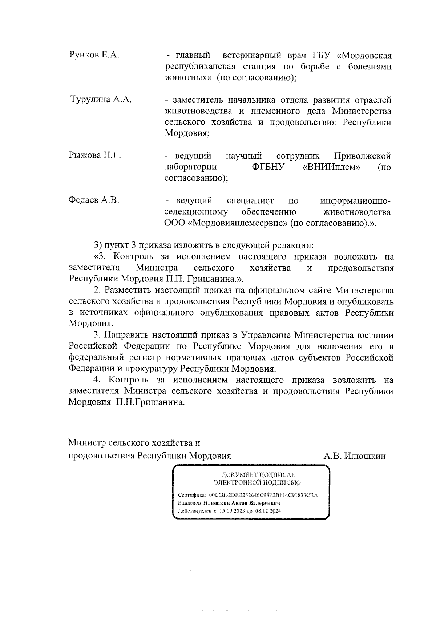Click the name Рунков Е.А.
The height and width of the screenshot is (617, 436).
click(94, 55)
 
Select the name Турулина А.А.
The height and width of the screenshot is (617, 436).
click(101, 100)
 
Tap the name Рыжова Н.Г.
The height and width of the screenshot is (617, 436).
click(94, 156)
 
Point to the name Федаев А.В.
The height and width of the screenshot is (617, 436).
click(94, 200)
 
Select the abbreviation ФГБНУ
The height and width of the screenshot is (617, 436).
click(268, 167)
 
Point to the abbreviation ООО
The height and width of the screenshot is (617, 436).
click(175, 223)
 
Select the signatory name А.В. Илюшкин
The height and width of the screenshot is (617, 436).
click(354, 456)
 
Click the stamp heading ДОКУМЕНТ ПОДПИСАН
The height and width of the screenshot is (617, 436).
click(259, 475)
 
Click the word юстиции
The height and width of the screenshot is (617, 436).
click(376, 335)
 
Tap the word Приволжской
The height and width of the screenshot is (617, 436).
click(362, 156)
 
